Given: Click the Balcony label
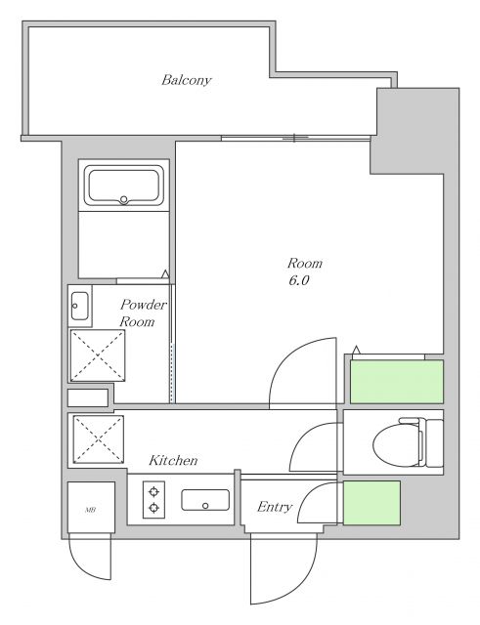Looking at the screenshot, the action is pos(187,80).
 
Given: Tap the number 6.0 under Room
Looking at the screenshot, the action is pos(299,280).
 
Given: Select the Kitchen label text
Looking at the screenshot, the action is pos(173,460).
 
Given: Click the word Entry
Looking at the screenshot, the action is pos(275,507).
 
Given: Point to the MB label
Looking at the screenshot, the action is pos(91,510).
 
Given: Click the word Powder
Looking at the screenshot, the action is pos(144,305).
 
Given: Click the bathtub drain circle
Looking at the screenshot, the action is pos(124,199).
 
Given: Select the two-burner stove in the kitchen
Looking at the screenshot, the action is pos(153,500).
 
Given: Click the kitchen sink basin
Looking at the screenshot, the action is pos(205,500).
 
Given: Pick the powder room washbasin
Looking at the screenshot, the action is pos(80,306).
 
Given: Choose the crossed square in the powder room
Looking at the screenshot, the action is pos(98,355).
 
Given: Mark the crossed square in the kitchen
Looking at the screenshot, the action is pos(98,439).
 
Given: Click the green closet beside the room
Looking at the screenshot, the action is pos(397,382).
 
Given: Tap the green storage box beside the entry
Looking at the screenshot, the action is pos(371,503).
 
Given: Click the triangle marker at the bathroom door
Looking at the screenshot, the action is pos(165,274).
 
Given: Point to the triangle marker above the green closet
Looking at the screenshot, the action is pos(356,350).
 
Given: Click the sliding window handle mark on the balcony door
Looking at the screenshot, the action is pos(294,138).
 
